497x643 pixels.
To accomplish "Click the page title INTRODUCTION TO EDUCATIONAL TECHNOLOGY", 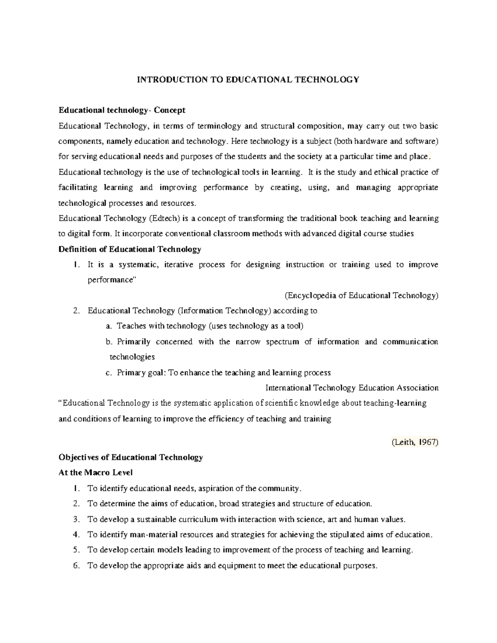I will point(248,79).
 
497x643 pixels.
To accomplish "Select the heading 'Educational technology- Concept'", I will point(122,110).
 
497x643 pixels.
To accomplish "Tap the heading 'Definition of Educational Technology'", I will point(130,249).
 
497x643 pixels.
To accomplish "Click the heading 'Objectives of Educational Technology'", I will point(130,457).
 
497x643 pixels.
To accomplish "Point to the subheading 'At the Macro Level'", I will point(95,472).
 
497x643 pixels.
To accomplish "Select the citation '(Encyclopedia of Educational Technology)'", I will point(361,295).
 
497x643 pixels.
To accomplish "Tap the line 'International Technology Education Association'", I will point(352,388).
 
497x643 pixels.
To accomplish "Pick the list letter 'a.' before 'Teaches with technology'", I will point(109,326).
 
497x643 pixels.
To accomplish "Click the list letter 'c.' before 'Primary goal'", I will point(109,373).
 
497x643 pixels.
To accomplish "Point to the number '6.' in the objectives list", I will point(75,566).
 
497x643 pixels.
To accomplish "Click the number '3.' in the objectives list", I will point(75,519).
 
